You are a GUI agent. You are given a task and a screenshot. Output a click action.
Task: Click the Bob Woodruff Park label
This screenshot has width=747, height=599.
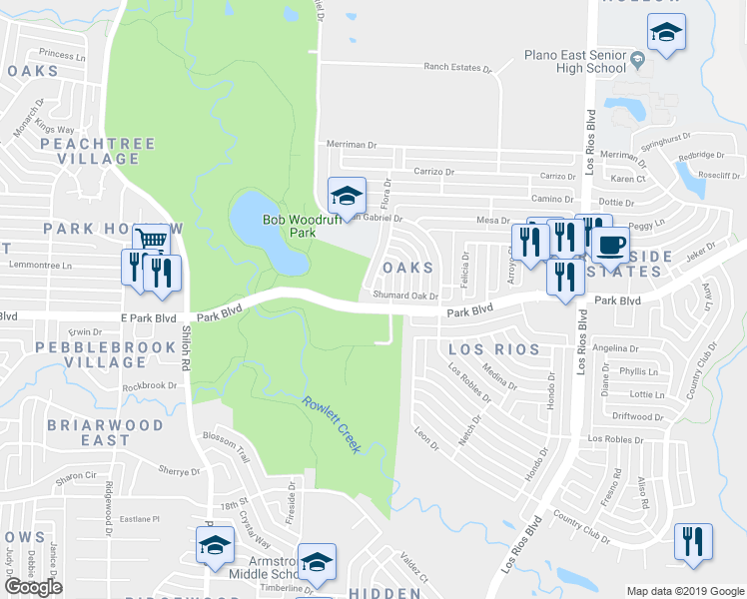[x=289, y=226]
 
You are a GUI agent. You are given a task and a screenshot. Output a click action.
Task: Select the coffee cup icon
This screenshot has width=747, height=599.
[x=610, y=244]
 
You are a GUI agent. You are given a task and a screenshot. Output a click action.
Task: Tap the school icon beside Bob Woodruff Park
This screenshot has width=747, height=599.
[x=347, y=195]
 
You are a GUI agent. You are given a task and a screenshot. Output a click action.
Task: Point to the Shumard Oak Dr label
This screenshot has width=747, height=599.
[x=405, y=296]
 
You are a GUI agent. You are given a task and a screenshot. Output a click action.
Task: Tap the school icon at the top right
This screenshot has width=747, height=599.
[x=666, y=33]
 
